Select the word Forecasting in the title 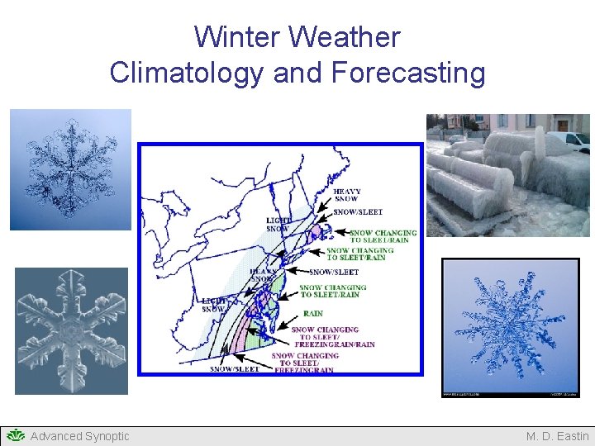point(408,73)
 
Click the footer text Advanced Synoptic point(79,436)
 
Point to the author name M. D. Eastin point(557,436)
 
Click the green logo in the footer point(15,435)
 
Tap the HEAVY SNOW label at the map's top point(347,196)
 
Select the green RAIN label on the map point(313,314)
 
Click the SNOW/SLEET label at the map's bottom point(235,369)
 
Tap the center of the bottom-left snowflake point(71,330)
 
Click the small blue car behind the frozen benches point(455,138)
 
